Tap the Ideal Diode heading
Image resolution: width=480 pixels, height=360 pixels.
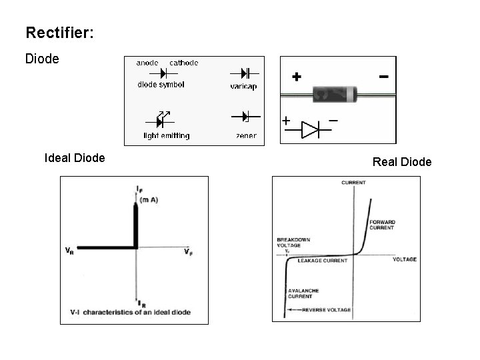pyautogui.click(x=74, y=158)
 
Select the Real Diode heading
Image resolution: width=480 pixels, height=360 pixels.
pyautogui.click(x=402, y=162)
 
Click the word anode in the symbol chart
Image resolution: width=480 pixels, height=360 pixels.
pyautogui.click(x=147, y=63)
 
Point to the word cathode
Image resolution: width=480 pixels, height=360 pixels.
pyautogui.click(x=183, y=63)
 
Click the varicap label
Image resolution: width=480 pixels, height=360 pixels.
pyautogui.click(x=243, y=86)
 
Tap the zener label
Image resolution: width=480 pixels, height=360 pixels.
pyautogui.click(x=246, y=135)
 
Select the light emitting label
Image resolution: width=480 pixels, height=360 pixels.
pyautogui.click(x=167, y=135)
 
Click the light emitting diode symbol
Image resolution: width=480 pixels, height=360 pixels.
pyautogui.click(x=161, y=119)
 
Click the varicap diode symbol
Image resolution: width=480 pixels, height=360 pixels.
pyautogui.click(x=244, y=72)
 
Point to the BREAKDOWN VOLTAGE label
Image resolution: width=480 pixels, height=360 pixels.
pyautogui.click(x=293, y=243)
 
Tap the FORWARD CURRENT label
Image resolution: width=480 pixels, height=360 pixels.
pyautogui.click(x=383, y=225)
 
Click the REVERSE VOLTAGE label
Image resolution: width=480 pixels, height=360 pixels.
pyautogui.click(x=326, y=310)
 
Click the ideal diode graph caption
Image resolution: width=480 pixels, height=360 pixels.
pyautogui.click(x=130, y=311)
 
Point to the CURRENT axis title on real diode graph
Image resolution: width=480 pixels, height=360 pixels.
pyautogui.click(x=353, y=182)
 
